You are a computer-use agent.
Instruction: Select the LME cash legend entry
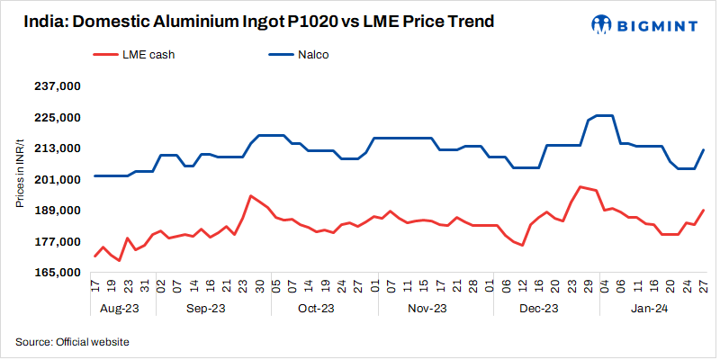(134, 55)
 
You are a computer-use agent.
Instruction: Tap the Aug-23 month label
(119, 308)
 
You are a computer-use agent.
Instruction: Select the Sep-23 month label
(205, 308)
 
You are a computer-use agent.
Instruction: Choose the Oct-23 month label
(315, 308)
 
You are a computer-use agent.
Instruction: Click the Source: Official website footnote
(73, 342)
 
